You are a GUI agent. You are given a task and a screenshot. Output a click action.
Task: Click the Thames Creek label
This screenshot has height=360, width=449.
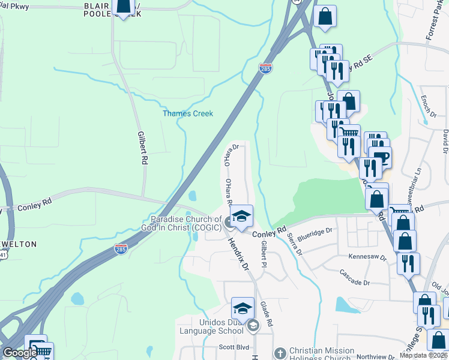(188, 113)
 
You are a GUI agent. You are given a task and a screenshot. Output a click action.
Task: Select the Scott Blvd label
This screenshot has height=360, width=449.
(234, 346)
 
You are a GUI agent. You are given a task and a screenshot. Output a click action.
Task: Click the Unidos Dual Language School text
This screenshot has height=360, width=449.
(208, 326)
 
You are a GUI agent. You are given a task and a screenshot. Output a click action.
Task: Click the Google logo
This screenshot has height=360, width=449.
(20, 353)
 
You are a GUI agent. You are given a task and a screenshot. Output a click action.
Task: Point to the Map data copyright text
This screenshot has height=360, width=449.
(424, 355)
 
